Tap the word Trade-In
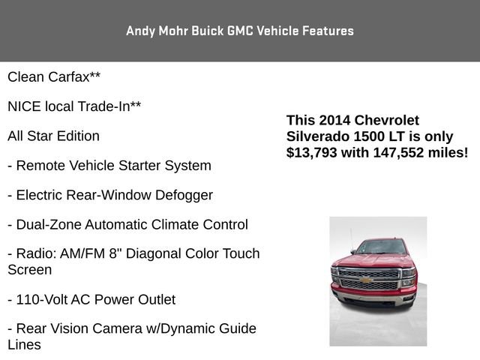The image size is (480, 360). [x=110, y=106]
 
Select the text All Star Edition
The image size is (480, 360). [x=53, y=136]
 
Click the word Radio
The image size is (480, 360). [x=34, y=254]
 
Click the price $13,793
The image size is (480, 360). [x=313, y=152]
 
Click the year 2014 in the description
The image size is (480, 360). [x=334, y=120]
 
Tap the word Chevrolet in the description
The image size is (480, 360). [x=386, y=120]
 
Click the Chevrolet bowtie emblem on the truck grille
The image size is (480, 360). [x=366, y=280]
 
